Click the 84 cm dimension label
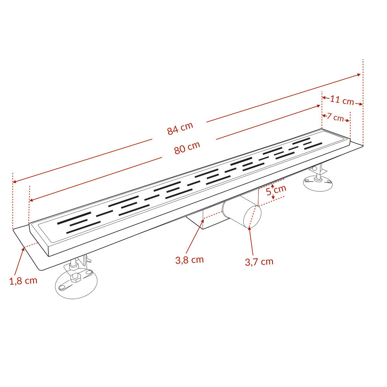click(180, 128)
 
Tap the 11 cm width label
click(342, 100)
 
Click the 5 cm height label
click(276, 190)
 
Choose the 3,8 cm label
click(190, 260)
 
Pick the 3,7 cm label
click(259, 262)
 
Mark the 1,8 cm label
click(23, 281)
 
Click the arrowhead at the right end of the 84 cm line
click(359, 75)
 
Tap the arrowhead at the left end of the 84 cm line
click(15, 182)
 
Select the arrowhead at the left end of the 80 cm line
click(31, 200)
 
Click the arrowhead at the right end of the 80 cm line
click(318, 106)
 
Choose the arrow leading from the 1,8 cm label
click(19, 261)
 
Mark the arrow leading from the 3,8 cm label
click(195, 236)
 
